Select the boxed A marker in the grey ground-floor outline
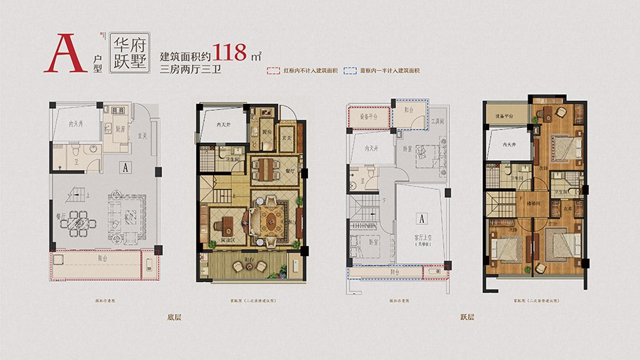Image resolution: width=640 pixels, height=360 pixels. click(x=124, y=168)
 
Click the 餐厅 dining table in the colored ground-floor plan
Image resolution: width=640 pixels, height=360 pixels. click(x=267, y=169)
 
